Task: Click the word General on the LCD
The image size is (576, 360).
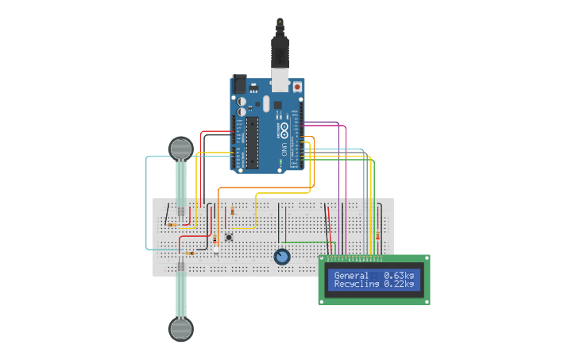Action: (351, 276)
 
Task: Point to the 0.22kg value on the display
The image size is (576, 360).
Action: (399, 284)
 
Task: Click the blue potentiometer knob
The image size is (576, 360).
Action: (281, 257)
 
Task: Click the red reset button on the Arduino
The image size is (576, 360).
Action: (298, 86)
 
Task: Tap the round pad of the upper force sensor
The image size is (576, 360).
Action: (181, 148)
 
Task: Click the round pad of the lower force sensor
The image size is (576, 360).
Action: (181, 328)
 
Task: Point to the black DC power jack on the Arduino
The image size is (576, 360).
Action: (239, 84)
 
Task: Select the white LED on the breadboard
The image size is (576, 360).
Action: (215, 251)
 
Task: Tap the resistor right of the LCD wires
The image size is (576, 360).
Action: (377, 236)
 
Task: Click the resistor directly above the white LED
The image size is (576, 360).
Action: (215, 239)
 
